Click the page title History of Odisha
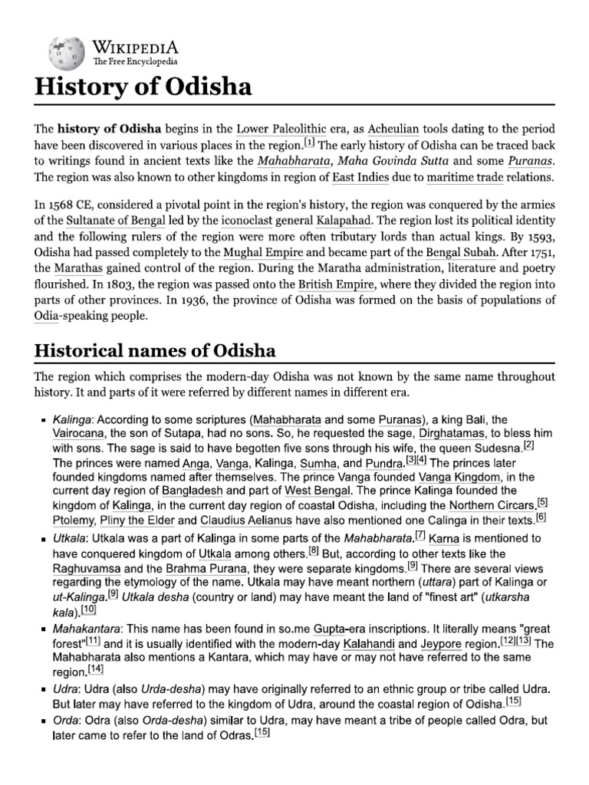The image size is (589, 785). [143, 86]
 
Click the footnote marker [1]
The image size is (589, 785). [309, 142]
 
